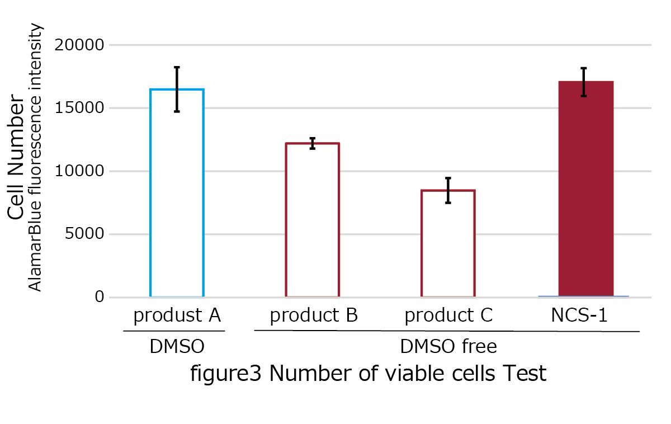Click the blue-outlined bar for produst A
(x=177, y=193)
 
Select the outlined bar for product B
(x=313, y=220)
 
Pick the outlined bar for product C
(x=448, y=243)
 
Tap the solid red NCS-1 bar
(x=585, y=189)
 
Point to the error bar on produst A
(x=177, y=89)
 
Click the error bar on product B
(x=313, y=143)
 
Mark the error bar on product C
(x=448, y=190)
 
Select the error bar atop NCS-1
(x=584, y=82)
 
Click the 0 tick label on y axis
(x=100, y=297)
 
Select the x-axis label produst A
(x=177, y=316)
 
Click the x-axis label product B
(x=314, y=316)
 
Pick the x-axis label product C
(x=448, y=316)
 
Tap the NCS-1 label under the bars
(x=579, y=315)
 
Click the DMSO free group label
(x=448, y=347)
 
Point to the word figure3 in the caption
(x=226, y=373)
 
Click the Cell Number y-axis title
(x=17, y=158)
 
